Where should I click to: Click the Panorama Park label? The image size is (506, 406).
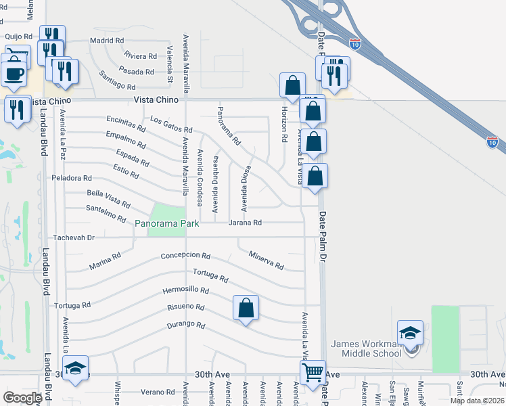click(x=167, y=223)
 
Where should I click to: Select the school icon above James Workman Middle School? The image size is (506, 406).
click(x=410, y=332)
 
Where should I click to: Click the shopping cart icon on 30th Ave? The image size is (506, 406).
click(x=313, y=371)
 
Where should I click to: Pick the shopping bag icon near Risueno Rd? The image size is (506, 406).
click(x=246, y=308)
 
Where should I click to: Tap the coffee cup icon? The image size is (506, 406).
click(x=14, y=73)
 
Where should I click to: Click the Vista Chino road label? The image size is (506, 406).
click(x=156, y=99)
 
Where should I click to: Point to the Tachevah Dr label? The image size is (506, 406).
click(x=75, y=238)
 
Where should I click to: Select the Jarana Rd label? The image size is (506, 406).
click(x=244, y=222)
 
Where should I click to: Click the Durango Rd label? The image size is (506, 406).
click(x=185, y=325)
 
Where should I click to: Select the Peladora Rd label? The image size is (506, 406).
click(x=71, y=179)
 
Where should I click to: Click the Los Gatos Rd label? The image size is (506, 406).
click(x=171, y=125)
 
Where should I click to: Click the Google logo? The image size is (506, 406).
click(x=22, y=397)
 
